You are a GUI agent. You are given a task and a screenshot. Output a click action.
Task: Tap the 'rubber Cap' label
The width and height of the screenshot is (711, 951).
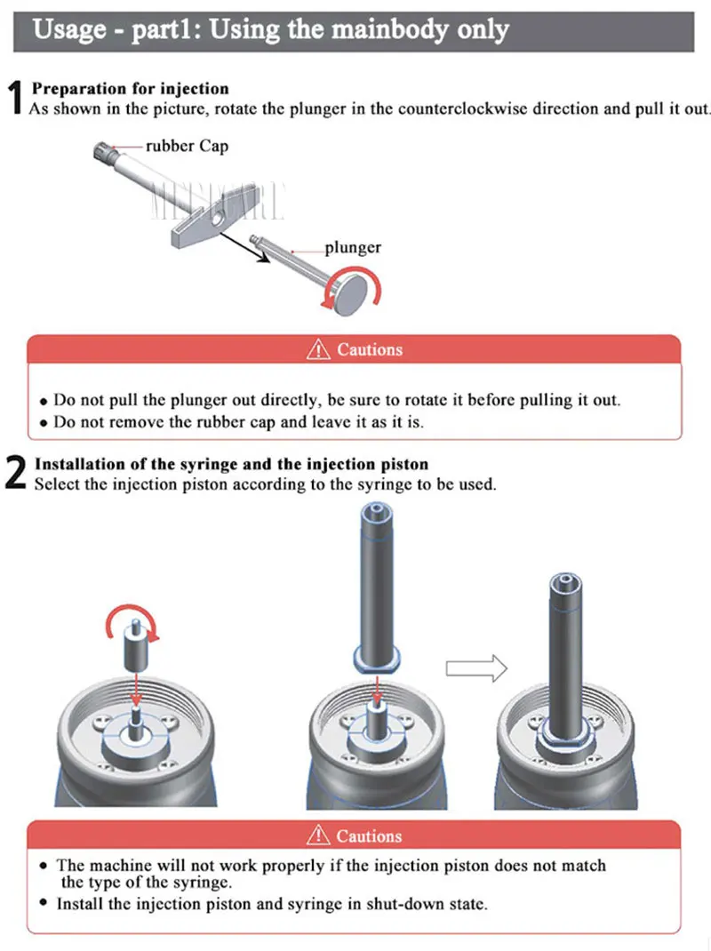tap(187, 146)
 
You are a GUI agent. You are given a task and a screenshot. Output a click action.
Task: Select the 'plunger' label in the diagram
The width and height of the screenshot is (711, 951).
tap(352, 248)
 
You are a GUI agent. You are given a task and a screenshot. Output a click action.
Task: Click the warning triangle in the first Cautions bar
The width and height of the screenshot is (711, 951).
tap(318, 349)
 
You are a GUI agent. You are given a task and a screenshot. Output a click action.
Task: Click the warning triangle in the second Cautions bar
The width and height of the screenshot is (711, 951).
tap(318, 835)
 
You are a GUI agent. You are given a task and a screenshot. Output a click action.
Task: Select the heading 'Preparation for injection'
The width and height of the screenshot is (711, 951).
tap(131, 89)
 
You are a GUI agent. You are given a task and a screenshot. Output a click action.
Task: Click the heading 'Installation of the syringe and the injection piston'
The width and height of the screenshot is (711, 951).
tap(231, 465)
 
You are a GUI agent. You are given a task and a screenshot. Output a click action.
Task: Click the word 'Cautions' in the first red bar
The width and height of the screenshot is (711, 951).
tap(370, 349)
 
